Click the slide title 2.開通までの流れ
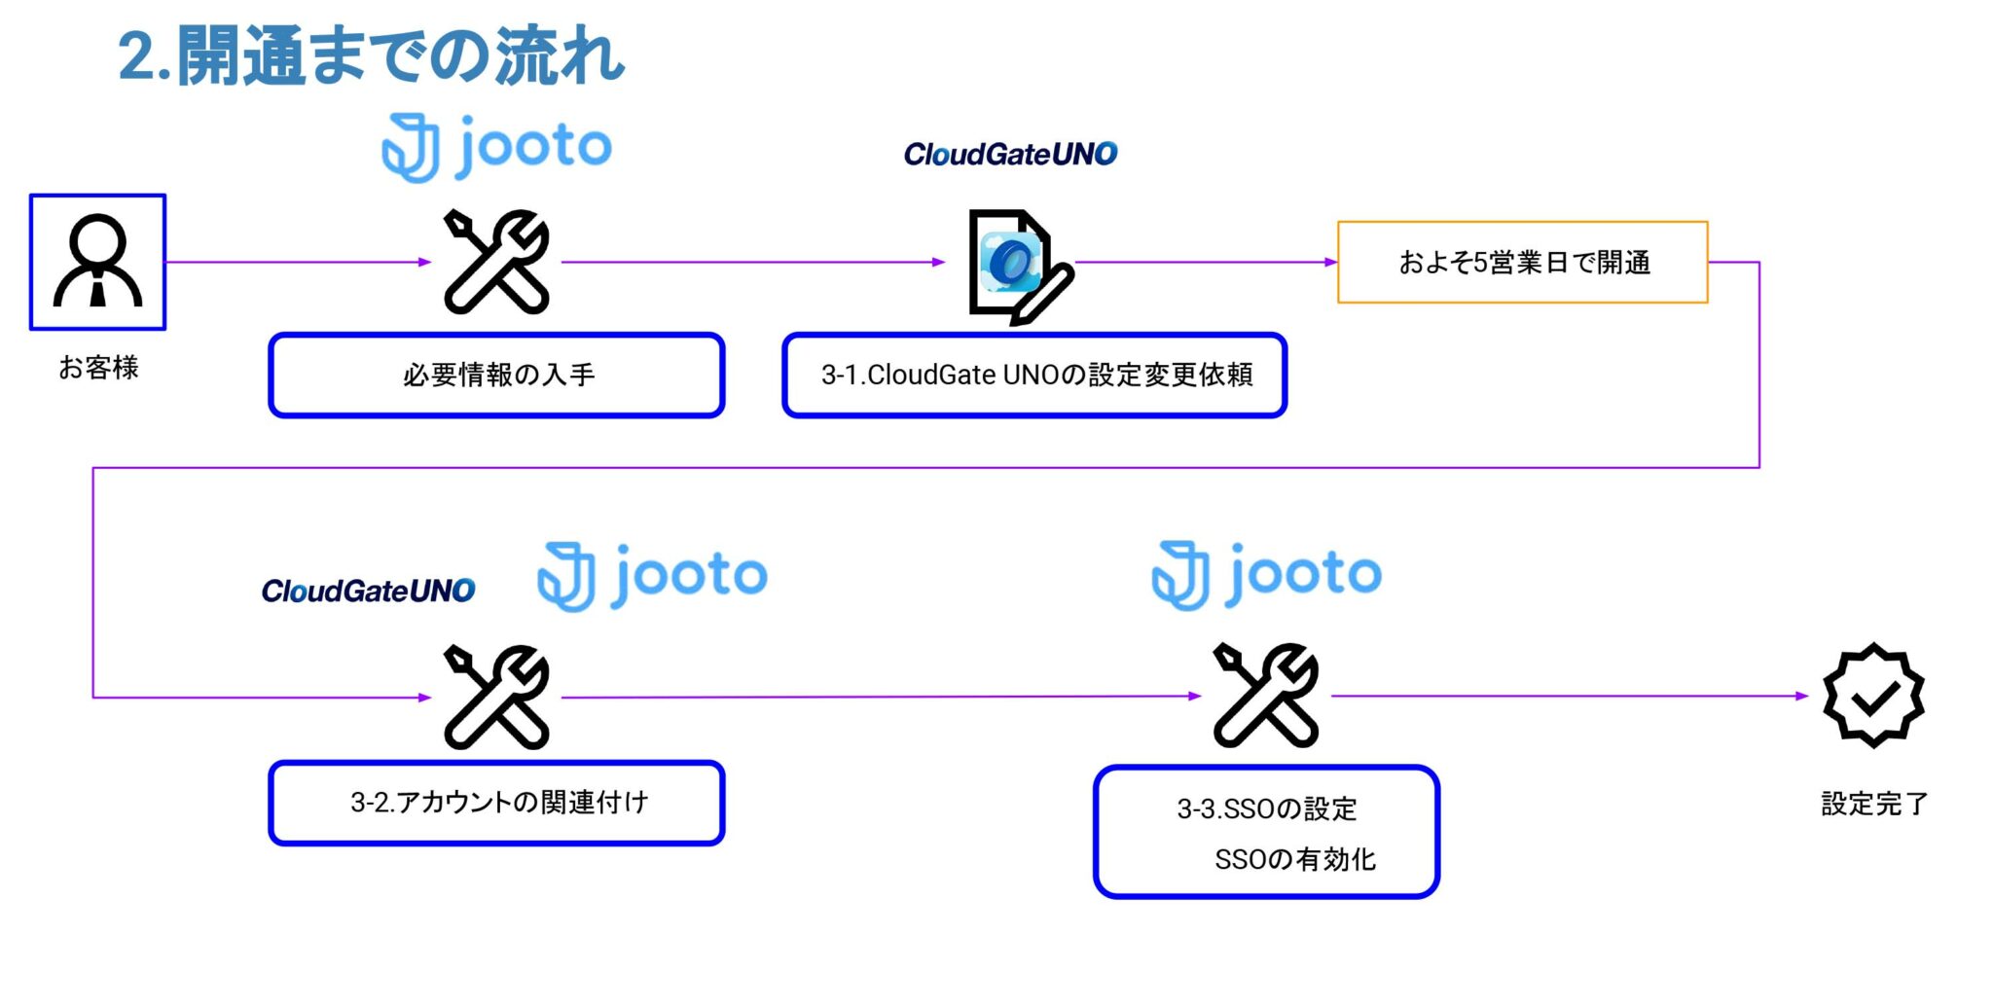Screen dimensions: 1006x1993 [371, 56]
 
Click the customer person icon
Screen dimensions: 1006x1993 [97, 262]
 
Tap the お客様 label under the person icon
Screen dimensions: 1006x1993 [98, 367]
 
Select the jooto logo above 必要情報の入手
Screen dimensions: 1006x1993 [496, 148]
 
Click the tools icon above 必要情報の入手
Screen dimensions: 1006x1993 [496, 262]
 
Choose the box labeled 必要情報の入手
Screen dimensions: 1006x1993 [496, 376]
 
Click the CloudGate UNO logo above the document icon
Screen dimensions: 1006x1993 [1010, 154]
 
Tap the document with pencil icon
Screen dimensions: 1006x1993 [1018, 266]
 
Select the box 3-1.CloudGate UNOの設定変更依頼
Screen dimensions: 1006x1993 [1034, 376]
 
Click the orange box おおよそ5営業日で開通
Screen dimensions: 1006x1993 [1522, 263]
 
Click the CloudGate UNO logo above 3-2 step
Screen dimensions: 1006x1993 [368, 591]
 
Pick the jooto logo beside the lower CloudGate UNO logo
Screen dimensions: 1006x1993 [652, 576]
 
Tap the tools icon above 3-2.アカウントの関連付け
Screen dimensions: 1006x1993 [496, 697]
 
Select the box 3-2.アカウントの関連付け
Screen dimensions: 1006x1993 [496, 803]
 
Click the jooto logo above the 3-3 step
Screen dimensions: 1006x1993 [1266, 575]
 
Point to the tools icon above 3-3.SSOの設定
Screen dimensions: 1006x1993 [1265, 696]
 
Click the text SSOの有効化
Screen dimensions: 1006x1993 [1294, 859]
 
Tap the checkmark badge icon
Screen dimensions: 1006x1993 [1872, 696]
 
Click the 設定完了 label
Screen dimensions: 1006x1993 [1873, 804]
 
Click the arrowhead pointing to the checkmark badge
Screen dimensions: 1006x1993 [1802, 696]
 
